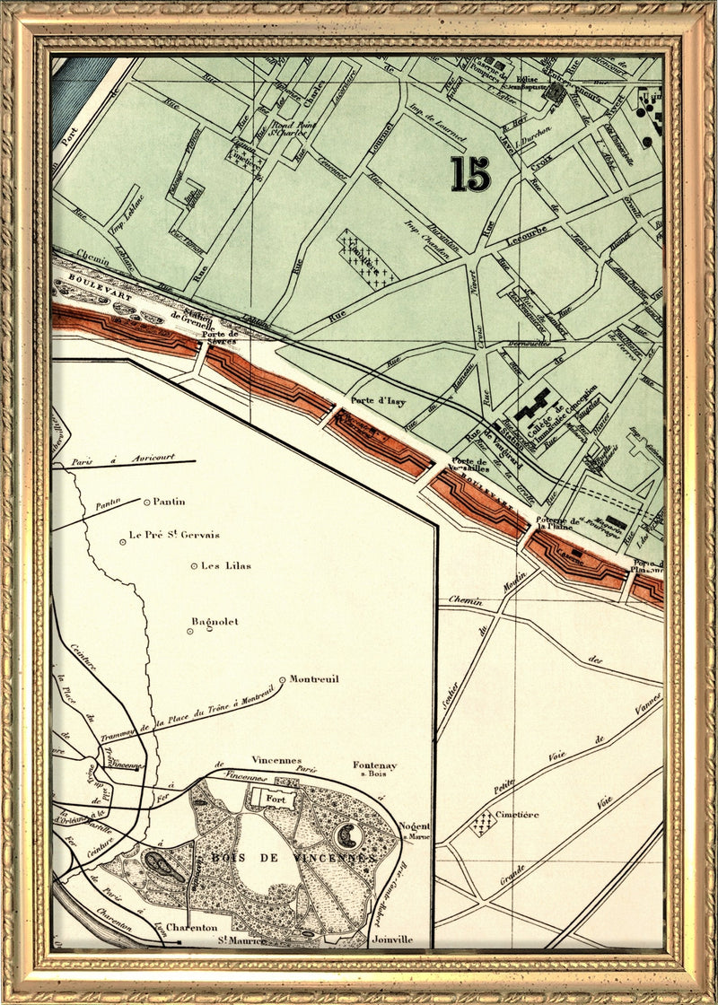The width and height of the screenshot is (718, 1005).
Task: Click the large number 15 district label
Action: pos(471,174)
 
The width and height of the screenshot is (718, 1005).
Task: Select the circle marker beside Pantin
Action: pos(147,502)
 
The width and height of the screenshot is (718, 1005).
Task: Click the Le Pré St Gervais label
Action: pos(174,535)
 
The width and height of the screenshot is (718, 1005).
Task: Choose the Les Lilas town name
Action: pos(226,565)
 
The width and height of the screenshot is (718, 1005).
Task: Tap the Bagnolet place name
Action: pos(215,622)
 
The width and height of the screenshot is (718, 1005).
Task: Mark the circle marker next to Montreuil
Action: pos(282,680)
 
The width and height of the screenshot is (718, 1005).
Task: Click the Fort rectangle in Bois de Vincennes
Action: pos(273,796)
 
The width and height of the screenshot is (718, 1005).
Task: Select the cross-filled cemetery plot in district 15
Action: pos(366,258)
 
